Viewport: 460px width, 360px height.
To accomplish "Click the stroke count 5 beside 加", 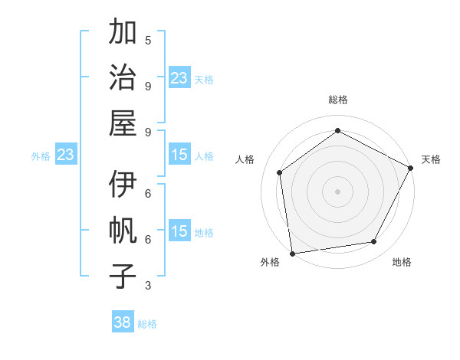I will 148,40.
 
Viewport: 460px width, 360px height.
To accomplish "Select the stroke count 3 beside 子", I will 148,286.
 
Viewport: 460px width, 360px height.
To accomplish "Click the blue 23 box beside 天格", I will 179,77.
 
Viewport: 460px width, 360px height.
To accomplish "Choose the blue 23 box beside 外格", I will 66,155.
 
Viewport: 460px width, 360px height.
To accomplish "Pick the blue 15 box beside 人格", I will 179,155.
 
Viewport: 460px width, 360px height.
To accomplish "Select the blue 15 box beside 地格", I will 179,231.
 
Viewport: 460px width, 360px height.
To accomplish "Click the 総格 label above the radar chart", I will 337,100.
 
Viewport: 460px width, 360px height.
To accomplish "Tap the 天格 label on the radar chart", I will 431,159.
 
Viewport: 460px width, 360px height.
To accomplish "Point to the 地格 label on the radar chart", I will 402,262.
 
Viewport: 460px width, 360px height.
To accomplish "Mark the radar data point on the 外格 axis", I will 291,253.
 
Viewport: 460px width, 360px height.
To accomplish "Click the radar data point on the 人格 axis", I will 280,172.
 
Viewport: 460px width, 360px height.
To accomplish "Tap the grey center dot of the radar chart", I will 337,191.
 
